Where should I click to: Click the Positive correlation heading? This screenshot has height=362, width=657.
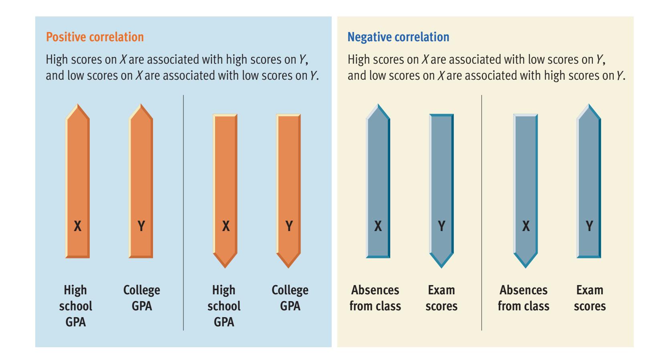click(95, 37)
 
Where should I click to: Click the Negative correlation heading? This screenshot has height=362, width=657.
click(398, 37)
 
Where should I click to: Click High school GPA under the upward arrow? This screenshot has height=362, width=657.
click(76, 306)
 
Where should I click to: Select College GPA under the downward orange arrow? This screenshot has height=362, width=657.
click(290, 298)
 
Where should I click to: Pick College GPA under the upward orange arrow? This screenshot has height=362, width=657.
click(142, 298)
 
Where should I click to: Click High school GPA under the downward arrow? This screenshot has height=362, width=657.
click(224, 306)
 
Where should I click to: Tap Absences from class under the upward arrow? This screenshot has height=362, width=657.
click(375, 298)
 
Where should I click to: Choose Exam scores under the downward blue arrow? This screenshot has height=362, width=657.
click(441, 298)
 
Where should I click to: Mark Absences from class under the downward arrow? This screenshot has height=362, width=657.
click(524, 298)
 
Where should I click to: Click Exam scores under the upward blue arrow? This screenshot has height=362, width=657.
click(590, 298)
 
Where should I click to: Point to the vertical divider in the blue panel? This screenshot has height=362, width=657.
click(183, 212)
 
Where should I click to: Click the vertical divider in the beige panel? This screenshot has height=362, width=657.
click(482, 212)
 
